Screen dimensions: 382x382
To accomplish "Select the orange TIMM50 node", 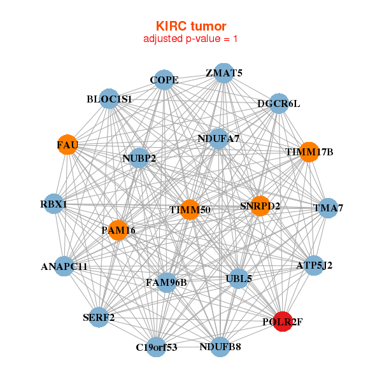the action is (190, 209).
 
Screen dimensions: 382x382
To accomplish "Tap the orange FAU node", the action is (67, 145).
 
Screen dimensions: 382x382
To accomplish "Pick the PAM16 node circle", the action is (118, 230).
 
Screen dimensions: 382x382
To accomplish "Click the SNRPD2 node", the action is (260, 206).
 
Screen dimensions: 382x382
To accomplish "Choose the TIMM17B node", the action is (309, 152).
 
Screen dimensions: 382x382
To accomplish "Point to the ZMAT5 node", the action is (223, 73).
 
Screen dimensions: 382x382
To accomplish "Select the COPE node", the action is (164, 80).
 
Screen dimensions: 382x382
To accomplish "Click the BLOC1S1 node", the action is (110, 99).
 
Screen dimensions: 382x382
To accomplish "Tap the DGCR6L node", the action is (278, 103).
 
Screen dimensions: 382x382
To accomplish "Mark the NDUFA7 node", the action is (218, 138).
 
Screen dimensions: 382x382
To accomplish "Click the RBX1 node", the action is (54, 204).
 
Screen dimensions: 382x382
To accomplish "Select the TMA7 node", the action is (327, 208).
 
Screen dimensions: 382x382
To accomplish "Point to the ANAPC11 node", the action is (64, 266).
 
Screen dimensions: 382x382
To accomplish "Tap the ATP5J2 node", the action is (314, 265).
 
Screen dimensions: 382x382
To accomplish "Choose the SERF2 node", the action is (98, 316).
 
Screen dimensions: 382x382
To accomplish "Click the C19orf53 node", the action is (156, 347).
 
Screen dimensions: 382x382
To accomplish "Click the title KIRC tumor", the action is (191, 26).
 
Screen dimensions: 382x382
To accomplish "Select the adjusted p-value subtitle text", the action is (191, 39).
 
